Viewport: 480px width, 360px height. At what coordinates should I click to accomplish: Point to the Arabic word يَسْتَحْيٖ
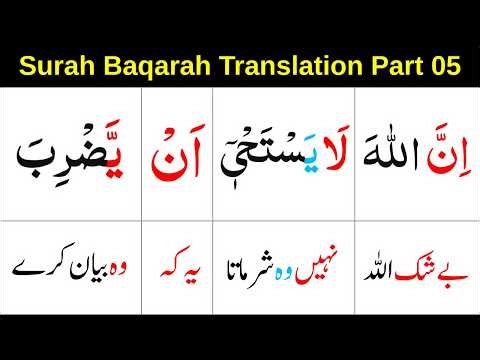[263, 155]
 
